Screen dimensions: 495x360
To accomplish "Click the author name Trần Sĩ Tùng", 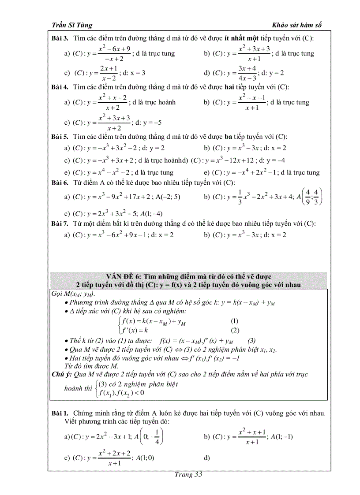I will (70, 25).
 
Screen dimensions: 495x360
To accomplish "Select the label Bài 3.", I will (59, 38).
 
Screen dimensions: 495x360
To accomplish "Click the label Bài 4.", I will (59, 87).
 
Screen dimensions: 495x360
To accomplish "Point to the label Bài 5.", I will (59, 137).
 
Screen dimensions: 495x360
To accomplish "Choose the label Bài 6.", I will (59, 182).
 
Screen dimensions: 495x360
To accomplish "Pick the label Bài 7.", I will (59, 223).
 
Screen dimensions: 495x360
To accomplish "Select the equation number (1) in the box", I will (235, 321).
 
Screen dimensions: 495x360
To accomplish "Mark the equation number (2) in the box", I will (235, 330).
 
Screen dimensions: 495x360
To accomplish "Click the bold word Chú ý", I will (62, 374).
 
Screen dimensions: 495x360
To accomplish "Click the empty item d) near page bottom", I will (207, 458).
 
